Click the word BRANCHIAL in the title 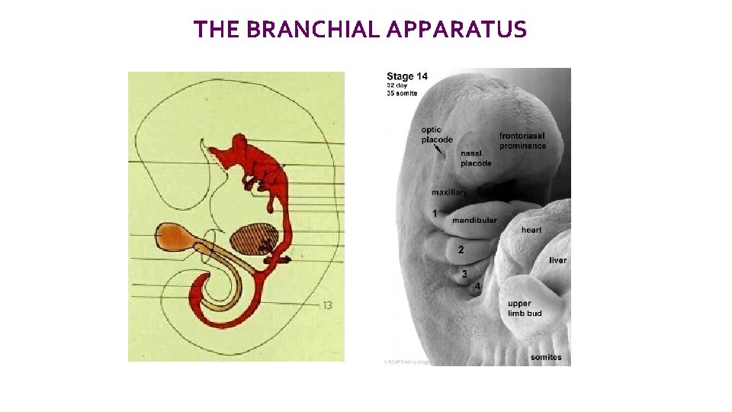313,30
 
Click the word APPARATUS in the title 456,30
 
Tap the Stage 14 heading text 407,76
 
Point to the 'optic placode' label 436,135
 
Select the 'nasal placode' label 476,158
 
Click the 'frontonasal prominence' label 522,140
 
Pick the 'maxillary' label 449,192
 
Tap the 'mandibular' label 474,220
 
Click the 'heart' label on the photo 531,230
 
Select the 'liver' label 557,260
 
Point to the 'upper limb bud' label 525,308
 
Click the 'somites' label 546,357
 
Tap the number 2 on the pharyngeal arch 461,249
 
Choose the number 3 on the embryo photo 464,274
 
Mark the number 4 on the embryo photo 477,286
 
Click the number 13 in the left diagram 327,305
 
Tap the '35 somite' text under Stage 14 402,93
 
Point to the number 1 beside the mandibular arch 435,214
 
